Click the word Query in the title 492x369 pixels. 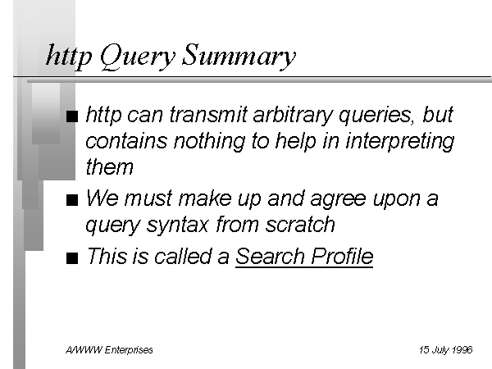pos(138,57)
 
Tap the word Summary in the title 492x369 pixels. pos(239,57)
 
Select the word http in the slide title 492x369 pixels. pos(69,56)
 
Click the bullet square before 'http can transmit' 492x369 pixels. pos(72,116)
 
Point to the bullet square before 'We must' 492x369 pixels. pos(72,200)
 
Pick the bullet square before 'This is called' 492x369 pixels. pos(72,258)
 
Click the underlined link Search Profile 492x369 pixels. pos(304,257)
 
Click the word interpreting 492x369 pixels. pos(400,141)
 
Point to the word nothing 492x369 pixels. pos(209,141)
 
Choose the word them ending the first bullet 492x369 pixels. pos(110,166)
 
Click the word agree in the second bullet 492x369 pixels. pos(338,199)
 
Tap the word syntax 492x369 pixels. pos(178,225)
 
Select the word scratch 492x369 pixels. pos(300,225)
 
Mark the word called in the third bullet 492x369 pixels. pos(191,256)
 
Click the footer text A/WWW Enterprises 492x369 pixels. pos(109,350)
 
